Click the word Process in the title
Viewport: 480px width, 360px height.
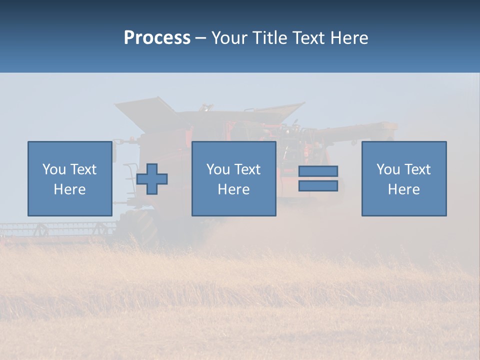point(157,38)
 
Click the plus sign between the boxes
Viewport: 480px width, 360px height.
point(152,178)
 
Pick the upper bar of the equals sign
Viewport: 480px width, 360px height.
point(318,171)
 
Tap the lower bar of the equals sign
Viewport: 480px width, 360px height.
point(318,186)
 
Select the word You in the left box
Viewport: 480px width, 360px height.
point(53,169)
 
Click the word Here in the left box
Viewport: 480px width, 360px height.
point(69,189)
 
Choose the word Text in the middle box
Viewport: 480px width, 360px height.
point(247,169)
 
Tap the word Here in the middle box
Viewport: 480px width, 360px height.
point(233,189)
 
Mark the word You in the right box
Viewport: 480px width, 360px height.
point(388,169)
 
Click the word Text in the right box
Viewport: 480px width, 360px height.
point(417,169)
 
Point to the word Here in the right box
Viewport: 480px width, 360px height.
point(403,189)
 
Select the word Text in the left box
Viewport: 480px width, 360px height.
point(83,169)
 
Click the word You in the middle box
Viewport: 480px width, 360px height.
point(218,169)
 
